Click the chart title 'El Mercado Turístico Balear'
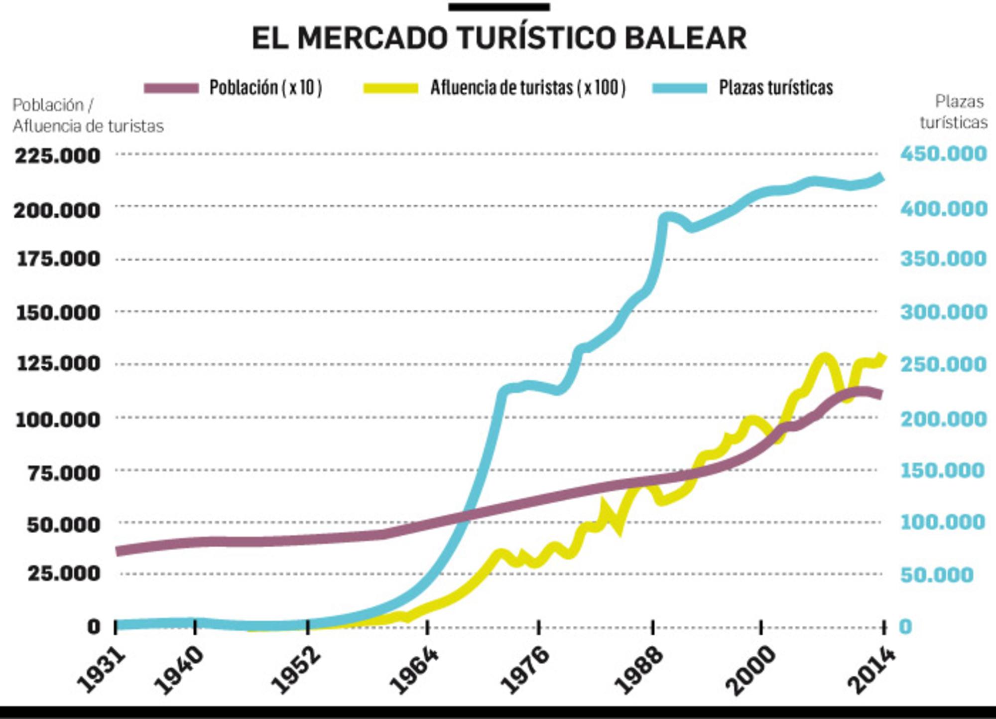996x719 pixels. tap(499, 38)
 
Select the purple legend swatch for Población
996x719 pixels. tap(171, 88)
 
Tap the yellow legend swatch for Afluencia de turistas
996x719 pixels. tap(391, 88)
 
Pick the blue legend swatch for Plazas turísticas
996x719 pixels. tap(680, 88)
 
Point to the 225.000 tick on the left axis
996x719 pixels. tap(58, 156)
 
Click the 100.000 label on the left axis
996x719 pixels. tap(58, 420)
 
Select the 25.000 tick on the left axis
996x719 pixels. tap(64, 574)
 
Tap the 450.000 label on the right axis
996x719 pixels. tap(943, 154)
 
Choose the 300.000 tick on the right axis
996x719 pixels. tap(943, 312)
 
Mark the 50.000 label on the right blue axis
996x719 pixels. tap(936, 575)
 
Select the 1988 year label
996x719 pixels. tap(639, 670)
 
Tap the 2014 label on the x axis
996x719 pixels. tap(871, 670)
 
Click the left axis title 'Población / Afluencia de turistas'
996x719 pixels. tap(88, 116)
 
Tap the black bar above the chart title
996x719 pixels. tap(499, 7)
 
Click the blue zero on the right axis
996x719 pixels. tap(905, 627)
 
